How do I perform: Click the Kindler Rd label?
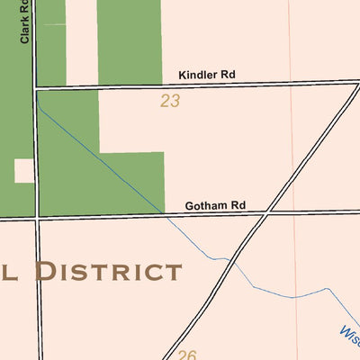click(x=206, y=76)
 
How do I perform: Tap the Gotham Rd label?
click(x=215, y=205)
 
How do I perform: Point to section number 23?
click(x=170, y=101)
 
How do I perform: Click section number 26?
click(x=186, y=355)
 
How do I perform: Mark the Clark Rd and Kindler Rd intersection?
click(x=36, y=89)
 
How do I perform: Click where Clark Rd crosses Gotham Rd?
click(x=37, y=217)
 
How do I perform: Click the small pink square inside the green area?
click(x=24, y=170)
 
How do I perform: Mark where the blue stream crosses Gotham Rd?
click(x=165, y=215)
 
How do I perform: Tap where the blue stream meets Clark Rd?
click(x=38, y=101)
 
